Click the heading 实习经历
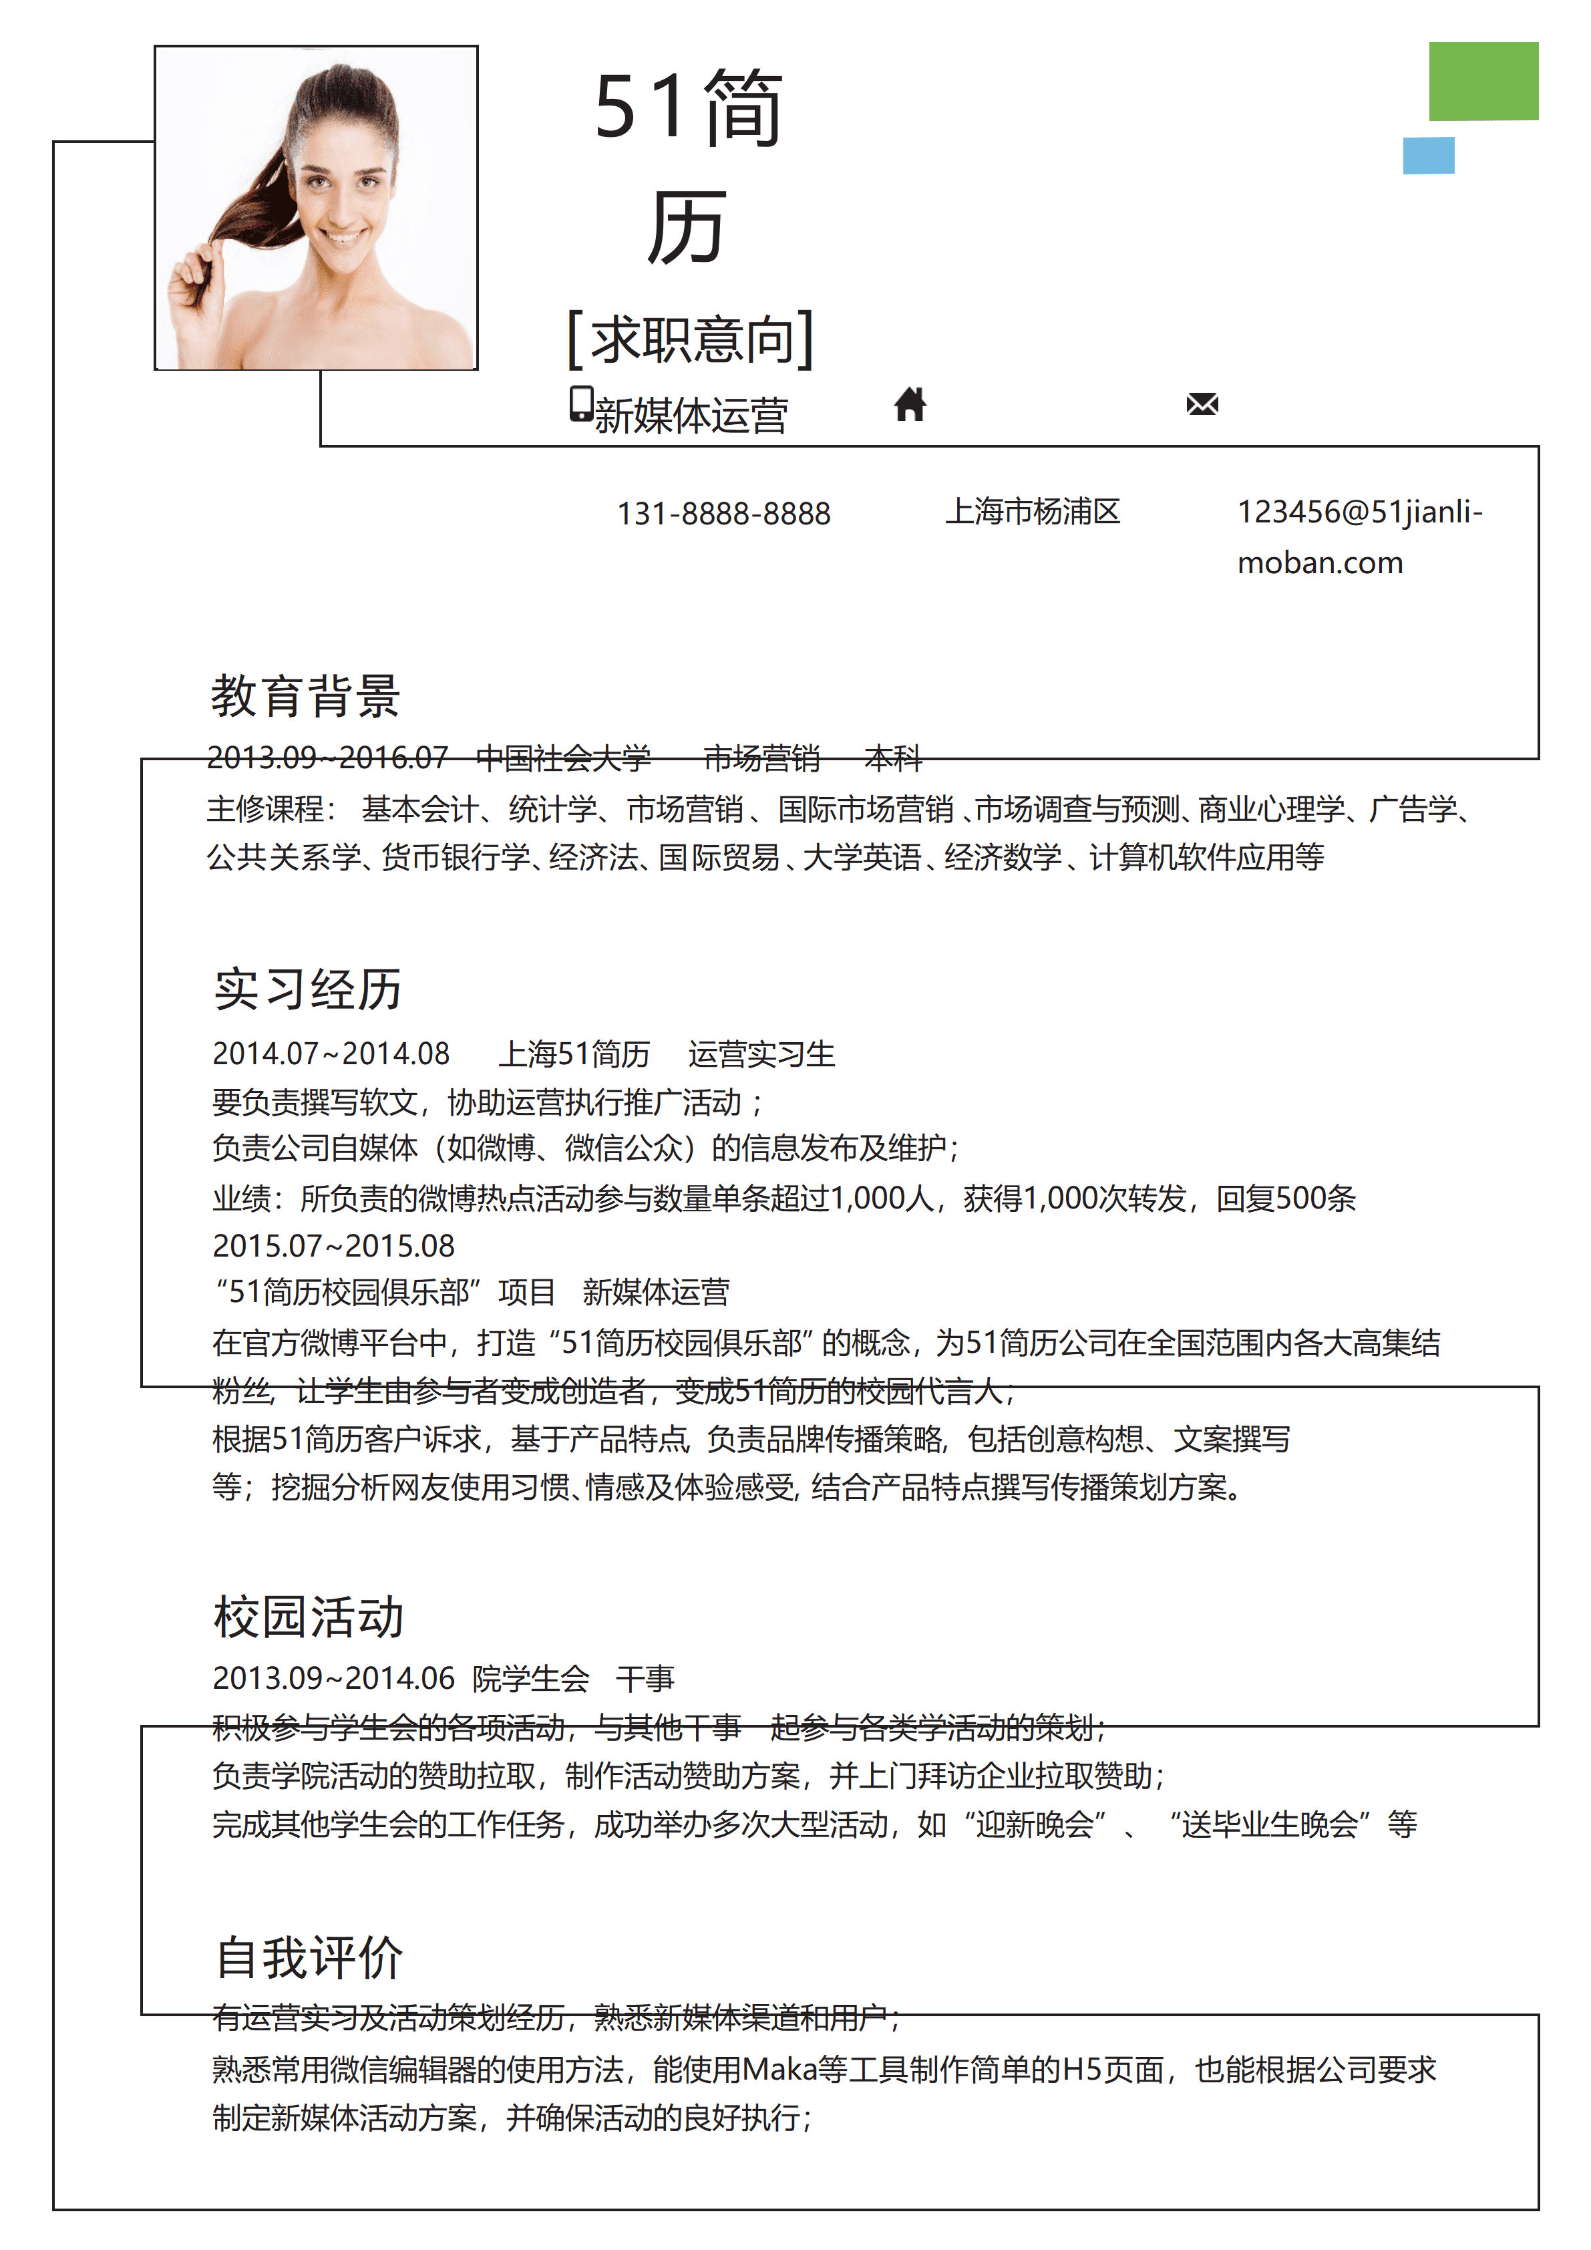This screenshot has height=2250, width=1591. pos(308,989)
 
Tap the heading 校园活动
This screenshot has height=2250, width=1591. pos(309,1617)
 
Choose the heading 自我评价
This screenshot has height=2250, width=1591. pos(309,1958)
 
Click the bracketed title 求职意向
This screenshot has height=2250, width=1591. pos(691,339)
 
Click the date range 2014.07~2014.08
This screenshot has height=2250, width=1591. pos(331,1054)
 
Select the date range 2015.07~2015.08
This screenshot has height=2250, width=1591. pos(333,1245)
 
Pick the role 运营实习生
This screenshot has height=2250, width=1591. pos(761,1054)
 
